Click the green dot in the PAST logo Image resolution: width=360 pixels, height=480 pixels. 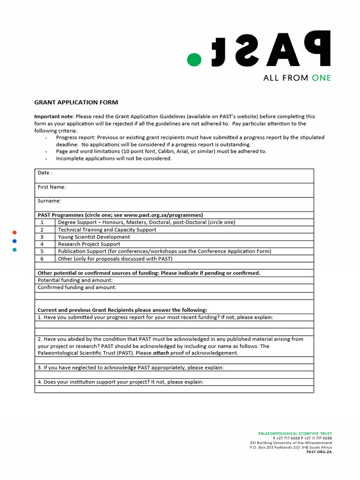point(194,60)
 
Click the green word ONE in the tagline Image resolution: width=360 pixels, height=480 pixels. point(321,78)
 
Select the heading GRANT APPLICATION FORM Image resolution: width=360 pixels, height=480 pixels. point(76,102)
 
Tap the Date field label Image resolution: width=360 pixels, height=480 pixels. point(45,173)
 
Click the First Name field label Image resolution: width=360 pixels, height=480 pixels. point(52,187)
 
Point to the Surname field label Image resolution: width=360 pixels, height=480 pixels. point(49,201)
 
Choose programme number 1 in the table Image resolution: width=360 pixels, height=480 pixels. point(42,223)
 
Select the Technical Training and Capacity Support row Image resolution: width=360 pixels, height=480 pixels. point(107,230)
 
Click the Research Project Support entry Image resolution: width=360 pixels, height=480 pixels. point(89,244)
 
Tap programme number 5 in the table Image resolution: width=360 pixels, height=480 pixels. point(42,251)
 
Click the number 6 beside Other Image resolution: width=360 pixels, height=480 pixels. point(42,259)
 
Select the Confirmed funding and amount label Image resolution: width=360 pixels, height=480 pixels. point(77,287)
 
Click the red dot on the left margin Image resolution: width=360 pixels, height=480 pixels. point(15,232)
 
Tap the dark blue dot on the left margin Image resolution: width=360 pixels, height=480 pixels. point(15,241)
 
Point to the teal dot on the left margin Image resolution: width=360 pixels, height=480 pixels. point(15,249)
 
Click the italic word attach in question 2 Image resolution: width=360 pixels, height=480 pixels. point(161,353)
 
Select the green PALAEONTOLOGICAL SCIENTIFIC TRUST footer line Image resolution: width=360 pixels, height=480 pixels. point(295,434)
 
